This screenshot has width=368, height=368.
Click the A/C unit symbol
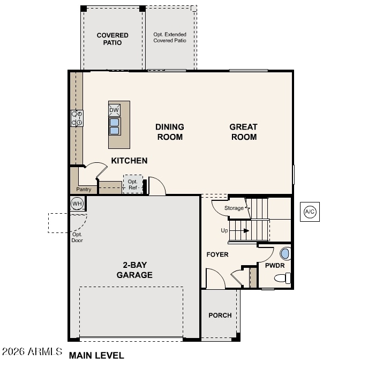point(310,212)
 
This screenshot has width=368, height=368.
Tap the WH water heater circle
point(77,204)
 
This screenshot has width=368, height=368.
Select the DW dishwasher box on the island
point(114,110)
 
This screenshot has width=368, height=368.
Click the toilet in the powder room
point(283,278)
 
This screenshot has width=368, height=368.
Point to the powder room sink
point(285,254)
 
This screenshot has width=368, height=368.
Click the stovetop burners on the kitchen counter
point(77,118)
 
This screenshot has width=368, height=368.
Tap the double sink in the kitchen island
point(114,126)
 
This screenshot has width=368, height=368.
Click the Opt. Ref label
point(133,184)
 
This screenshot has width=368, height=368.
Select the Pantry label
point(84,190)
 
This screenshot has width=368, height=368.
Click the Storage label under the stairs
point(234,208)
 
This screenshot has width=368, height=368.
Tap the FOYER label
point(217,254)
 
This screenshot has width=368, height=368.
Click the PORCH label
point(220,315)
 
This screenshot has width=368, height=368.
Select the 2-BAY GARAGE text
point(134,270)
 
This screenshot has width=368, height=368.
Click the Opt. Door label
point(77,237)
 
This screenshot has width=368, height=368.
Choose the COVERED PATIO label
point(112,39)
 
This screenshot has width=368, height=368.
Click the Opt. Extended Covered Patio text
point(170,37)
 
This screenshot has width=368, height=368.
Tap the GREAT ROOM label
point(244,132)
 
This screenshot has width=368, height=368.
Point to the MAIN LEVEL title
point(96,356)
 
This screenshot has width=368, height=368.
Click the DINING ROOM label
point(170,132)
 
